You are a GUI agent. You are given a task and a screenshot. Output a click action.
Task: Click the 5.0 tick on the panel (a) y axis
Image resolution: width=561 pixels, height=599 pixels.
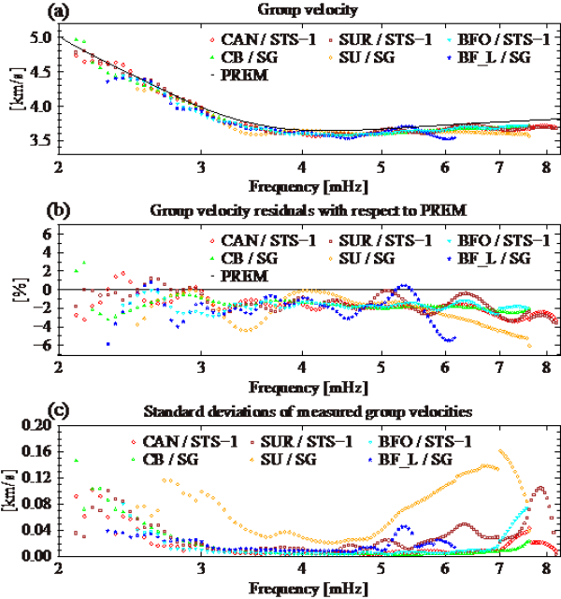40,38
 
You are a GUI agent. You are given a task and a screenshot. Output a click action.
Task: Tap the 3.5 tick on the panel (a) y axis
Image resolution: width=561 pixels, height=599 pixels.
40,140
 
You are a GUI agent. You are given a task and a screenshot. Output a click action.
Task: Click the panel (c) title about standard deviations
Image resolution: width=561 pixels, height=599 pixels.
299,412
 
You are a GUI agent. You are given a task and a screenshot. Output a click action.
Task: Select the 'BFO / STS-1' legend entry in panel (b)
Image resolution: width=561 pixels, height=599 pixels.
498,243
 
